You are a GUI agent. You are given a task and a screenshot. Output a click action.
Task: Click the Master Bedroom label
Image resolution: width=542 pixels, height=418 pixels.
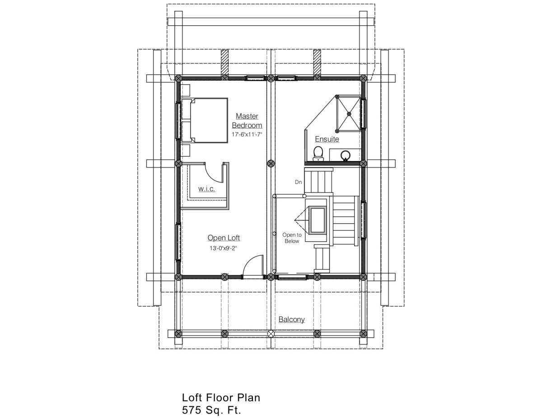tap(247, 120)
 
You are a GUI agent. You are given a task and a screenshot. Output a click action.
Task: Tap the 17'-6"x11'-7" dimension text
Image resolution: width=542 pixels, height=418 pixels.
tap(247, 135)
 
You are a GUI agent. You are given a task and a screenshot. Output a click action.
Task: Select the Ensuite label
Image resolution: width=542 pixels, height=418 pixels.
tap(327, 139)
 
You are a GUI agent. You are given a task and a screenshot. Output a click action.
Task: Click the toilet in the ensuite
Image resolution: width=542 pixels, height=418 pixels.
tap(318, 154)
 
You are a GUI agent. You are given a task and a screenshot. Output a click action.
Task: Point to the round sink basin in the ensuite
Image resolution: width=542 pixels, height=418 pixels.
tap(346, 155)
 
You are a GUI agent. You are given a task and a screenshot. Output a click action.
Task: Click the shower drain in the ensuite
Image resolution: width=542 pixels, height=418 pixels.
tap(348, 114)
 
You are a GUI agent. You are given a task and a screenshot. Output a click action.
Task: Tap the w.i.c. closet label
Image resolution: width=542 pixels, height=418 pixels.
tap(206, 189)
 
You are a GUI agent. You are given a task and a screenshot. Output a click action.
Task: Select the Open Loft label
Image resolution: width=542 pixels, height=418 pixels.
tap(224, 238)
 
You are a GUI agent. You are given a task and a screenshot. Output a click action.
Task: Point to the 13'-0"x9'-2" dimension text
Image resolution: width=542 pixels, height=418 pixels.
tap(223, 248)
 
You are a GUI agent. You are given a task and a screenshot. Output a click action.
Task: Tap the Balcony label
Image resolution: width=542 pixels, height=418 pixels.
tap(291, 319)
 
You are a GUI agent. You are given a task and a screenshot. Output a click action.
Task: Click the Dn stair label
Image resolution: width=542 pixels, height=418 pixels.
tap(298, 182)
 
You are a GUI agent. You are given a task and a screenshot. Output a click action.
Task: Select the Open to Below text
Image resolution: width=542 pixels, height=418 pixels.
tap(292, 238)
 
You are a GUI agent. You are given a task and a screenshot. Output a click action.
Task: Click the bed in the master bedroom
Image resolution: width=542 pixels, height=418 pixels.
tap(204, 120)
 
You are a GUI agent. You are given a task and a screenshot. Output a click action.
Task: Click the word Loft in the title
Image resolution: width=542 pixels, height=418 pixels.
tap(192, 398)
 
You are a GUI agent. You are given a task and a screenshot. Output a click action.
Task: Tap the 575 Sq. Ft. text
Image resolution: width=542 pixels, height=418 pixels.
tap(211, 410)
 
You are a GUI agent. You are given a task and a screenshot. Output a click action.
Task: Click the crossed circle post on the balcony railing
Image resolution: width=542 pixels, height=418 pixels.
tap(271, 333)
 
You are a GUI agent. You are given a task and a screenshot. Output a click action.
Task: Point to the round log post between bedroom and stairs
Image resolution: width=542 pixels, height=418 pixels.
tap(271, 164)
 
